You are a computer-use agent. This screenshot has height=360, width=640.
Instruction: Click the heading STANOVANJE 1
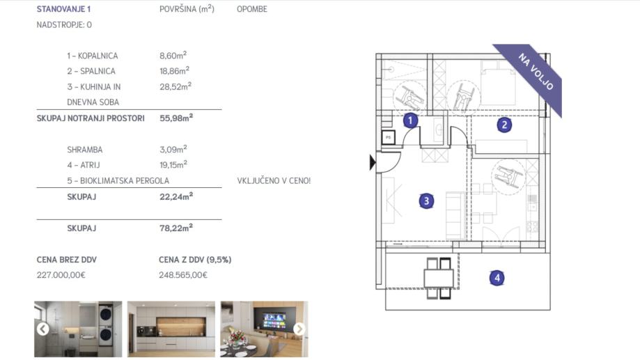(63, 9)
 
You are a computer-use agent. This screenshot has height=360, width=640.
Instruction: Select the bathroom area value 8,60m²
(173, 55)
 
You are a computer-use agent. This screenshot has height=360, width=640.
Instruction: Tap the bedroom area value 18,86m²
(174, 70)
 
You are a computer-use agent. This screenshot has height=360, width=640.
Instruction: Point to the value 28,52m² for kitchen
(175, 86)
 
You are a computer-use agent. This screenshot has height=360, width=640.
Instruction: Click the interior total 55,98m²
(176, 118)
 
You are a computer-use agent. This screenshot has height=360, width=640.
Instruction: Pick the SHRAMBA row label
(85, 150)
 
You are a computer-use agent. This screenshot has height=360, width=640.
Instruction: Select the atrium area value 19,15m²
(173, 164)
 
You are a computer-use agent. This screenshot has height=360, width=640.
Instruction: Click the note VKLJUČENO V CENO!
(274, 180)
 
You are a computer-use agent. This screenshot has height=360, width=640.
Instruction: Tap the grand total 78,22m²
(176, 228)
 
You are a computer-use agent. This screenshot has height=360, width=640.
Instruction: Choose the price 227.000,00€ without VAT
(61, 275)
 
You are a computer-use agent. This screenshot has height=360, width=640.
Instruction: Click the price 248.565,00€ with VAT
(183, 275)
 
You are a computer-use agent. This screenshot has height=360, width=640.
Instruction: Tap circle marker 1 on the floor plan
(410, 120)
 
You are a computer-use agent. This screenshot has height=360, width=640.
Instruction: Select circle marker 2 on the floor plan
(504, 125)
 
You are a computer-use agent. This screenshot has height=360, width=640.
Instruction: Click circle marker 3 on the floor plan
(426, 201)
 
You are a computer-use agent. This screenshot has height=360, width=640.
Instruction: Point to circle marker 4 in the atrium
(497, 278)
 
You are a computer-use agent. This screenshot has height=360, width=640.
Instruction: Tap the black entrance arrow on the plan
(373, 162)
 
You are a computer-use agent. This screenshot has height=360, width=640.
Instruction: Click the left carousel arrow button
(43, 329)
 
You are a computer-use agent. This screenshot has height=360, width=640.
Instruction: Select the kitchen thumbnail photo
(171, 329)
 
